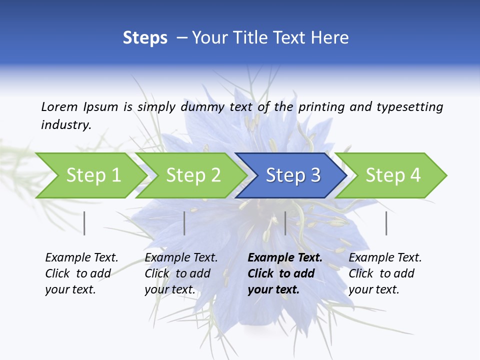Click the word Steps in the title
[x=145, y=38]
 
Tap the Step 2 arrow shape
[x=193, y=175]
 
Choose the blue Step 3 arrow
[x=293, y=175]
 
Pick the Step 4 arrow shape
[x=393, y=175]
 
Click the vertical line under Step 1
[x=84, y=223]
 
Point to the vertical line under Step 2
[x=184, y=223]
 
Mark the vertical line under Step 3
[x=285, y=223]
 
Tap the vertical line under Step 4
[x=386, y=223]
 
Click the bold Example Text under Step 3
[x=285, y=258]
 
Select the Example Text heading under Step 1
[x=81, y=258]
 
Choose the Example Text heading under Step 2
[x=181, y=258]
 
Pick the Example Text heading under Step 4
[x=385, y=258]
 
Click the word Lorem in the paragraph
[x=59, y=106]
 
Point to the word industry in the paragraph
[x=66, y=125]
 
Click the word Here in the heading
[x=332, y=38]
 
